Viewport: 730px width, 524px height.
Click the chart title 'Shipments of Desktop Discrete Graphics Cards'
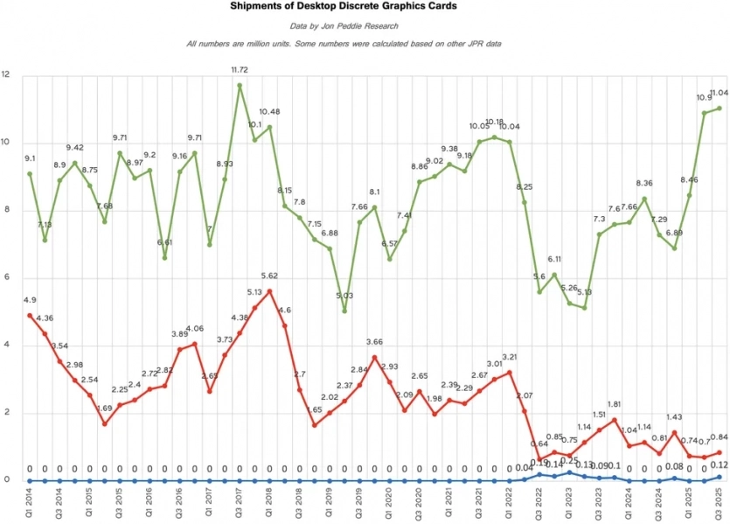(x=344, y=6)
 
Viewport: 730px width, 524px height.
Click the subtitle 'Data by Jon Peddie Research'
(x=344, y=25)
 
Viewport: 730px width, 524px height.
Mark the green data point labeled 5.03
(x=344, y=311)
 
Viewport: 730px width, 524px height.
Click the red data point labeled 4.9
(x=29, y=315)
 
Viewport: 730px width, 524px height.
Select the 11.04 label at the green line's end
(x=718, y=94)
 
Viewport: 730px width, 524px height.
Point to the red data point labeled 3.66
(x=374, y=357)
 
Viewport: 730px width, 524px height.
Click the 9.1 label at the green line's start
(x=30, y=158)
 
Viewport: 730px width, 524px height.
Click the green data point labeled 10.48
(x=269, y=127)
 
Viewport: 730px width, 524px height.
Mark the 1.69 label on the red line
(x=104, y=409)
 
